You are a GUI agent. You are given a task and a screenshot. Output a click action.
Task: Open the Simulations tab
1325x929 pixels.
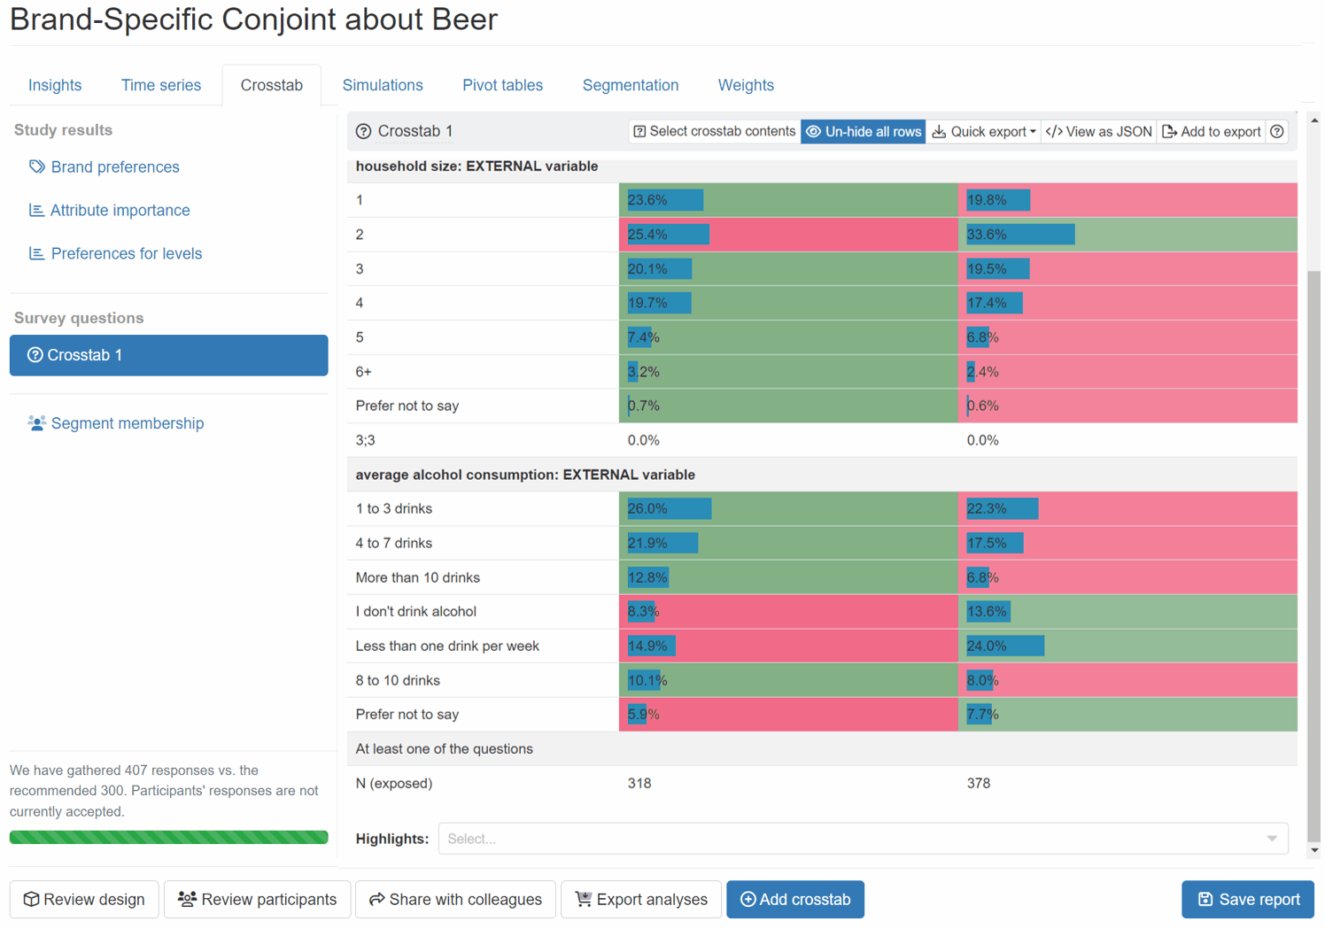click(x=382, y=85)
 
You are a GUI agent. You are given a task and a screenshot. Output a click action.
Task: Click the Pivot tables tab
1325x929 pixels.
click(x=502, y=85)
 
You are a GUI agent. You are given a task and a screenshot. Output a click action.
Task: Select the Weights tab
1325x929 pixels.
click(x=745, y=85)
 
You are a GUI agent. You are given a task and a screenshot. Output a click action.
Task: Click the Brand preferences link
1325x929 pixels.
click(x=114, y=167)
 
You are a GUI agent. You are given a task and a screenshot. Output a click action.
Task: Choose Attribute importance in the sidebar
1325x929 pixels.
click(x=120, y=211)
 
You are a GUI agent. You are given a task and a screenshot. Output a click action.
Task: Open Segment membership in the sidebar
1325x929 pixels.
click(x=127, y=423)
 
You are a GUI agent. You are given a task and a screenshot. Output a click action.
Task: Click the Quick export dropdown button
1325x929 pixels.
click(x=983, y=132)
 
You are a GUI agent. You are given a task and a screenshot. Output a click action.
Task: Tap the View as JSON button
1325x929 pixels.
click(x=1099, y=132)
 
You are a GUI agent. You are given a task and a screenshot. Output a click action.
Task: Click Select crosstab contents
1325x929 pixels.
click(x=714, y=132)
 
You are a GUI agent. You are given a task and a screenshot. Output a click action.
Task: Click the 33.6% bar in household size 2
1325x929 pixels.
click(x=1019, y=235)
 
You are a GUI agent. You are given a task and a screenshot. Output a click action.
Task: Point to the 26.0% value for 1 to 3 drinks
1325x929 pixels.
click(x=648, y=509)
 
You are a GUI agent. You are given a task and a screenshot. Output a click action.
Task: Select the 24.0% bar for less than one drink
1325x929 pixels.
click(x=1004, y=646)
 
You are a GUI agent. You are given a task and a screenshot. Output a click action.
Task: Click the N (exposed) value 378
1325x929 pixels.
click(x=978, y=784)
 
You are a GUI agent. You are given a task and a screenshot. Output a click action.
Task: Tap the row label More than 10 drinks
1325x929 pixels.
click(x=417, y=577)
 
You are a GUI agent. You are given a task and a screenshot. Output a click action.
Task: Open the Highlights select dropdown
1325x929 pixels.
click(x=863, y=839)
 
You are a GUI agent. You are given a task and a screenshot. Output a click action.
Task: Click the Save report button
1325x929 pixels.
click(x=1247, y=900)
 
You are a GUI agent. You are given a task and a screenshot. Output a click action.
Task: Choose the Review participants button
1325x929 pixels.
click(x=257, y=900)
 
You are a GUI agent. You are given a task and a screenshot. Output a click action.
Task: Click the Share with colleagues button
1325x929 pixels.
click(x=455, y=900)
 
